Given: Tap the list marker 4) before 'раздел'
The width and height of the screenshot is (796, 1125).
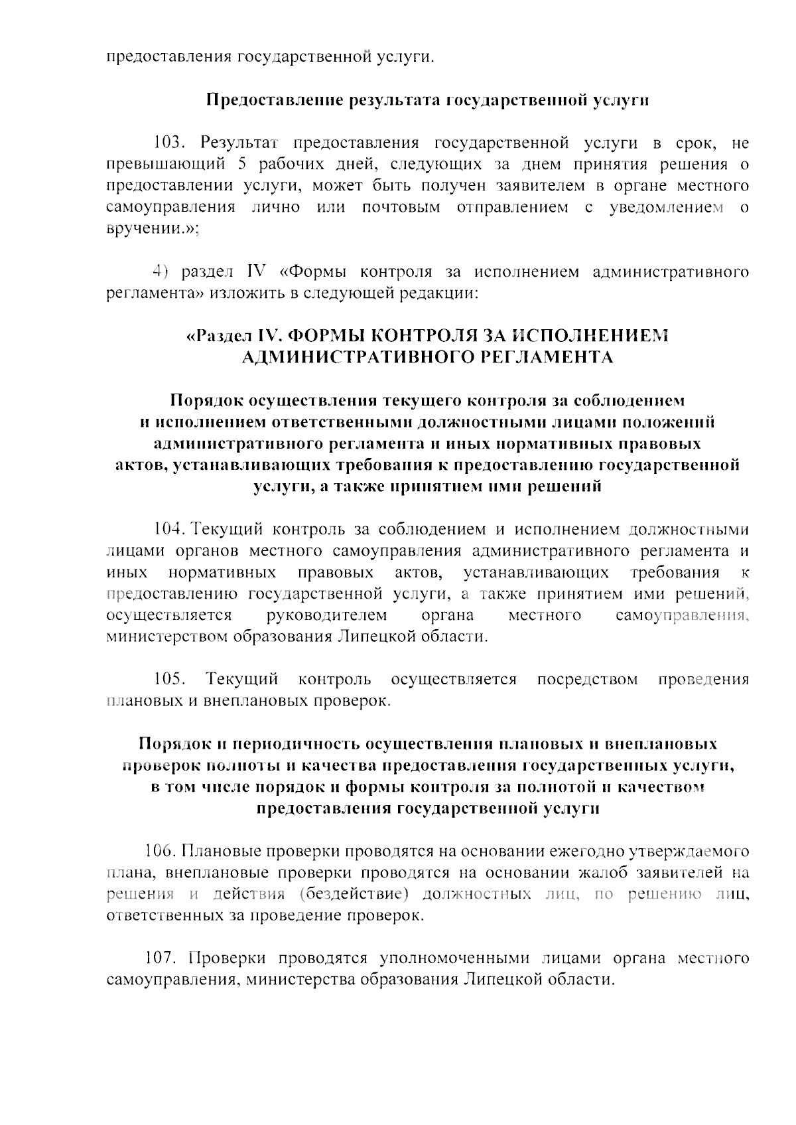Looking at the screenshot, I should [158, 271].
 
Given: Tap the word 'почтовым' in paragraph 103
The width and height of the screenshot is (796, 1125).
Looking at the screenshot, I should [401, 207].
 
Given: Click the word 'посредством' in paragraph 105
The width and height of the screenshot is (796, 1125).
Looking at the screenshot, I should [587, 679].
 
